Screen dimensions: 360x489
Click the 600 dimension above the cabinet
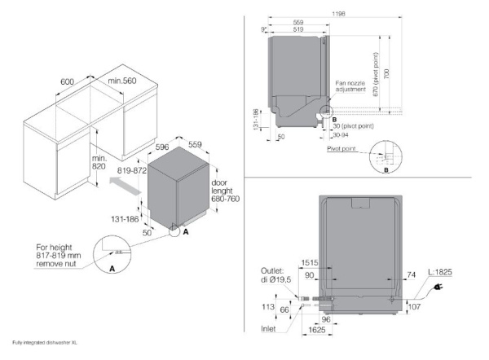(68, 81)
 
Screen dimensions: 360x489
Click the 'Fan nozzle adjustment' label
(351, 87)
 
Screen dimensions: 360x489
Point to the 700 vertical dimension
(397, 73)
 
